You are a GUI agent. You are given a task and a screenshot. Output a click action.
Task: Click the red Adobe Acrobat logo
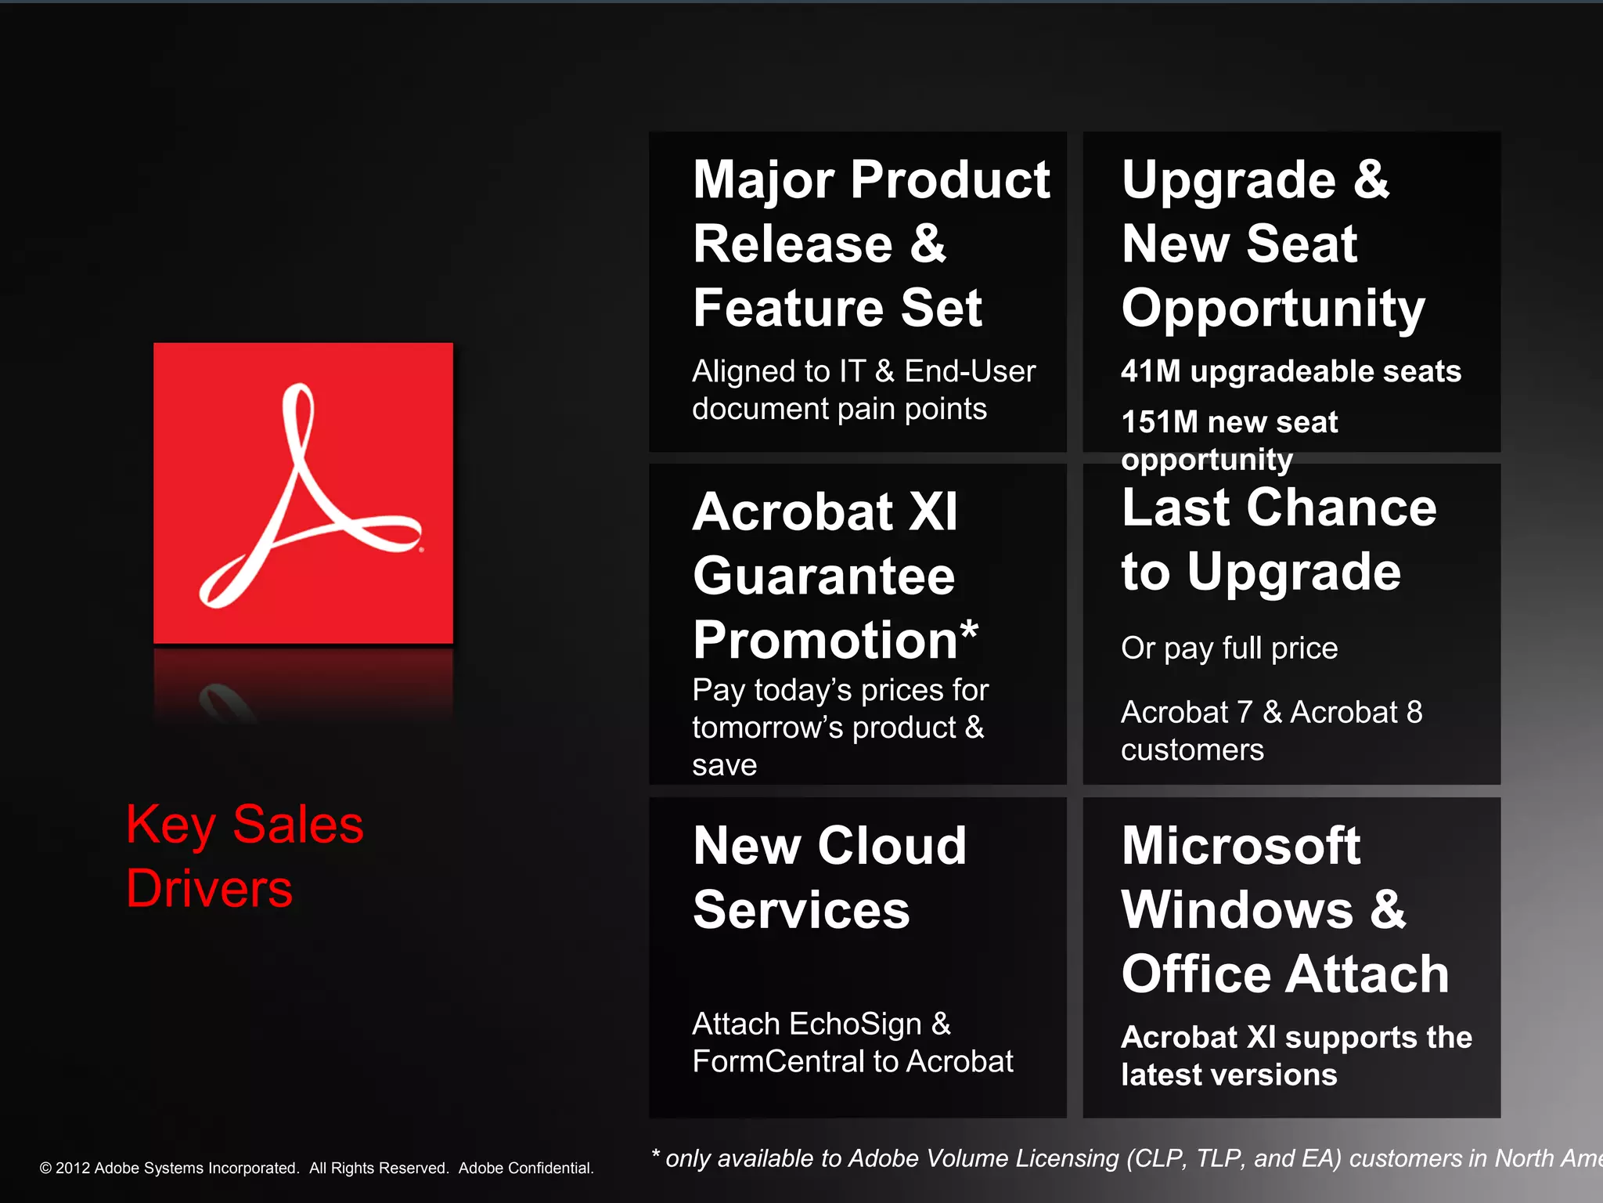tap(303, 493)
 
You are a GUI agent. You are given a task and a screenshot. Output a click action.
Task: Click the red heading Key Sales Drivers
tap(244, 856)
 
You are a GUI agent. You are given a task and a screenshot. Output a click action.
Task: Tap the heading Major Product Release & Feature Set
tap(870, 243)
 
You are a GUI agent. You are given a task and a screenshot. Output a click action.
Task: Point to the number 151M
tap(1159, 422)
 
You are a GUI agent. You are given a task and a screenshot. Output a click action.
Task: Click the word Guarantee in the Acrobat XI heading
tap(823, 576)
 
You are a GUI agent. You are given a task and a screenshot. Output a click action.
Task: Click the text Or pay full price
tap(1229, 648)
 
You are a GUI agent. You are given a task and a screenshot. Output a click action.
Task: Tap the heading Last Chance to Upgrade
tap(1278, 539)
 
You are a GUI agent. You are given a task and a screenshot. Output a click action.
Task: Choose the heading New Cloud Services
tap(830, 877)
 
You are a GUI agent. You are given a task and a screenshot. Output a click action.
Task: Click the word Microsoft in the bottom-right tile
tap(1241, 846)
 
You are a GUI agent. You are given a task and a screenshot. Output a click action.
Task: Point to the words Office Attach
tap(1284, 974)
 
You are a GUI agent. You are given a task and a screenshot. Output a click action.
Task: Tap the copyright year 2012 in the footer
tap(73, 1169)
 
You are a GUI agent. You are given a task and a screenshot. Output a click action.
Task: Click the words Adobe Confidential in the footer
tap(525, 1169)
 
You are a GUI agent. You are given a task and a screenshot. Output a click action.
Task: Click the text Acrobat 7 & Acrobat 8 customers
tap(1271, 731)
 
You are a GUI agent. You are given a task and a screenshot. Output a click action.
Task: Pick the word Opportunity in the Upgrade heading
tap(1273, 309)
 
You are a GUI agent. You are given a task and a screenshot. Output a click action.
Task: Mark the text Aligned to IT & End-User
tap(863, 371)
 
